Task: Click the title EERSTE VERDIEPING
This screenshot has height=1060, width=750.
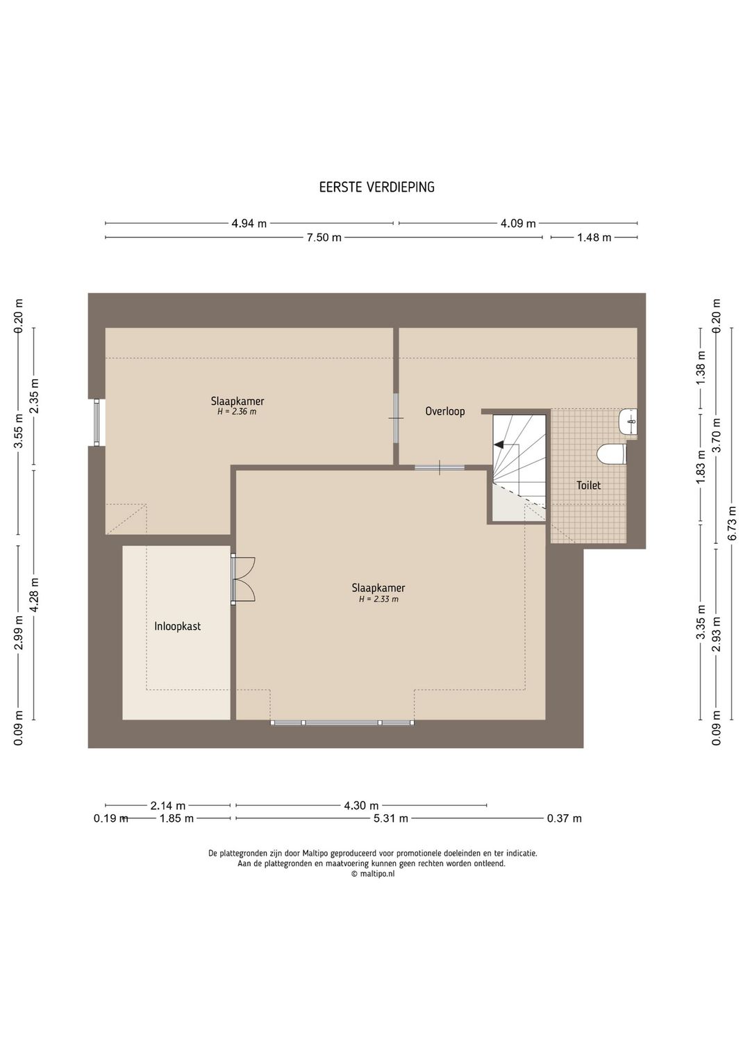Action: point(376,188)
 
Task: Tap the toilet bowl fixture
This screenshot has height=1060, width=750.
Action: point(612,454)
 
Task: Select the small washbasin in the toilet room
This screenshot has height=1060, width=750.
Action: point(628,421)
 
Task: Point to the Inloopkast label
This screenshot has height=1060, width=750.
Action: point(178,627)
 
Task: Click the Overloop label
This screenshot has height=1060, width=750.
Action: point(445,411)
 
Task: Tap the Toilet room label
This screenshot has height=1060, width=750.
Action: point(589,485)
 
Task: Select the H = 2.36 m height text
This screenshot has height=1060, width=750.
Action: point(237,412)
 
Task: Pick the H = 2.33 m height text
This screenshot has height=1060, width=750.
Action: point(378,599)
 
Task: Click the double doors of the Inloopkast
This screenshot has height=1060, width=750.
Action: point(243,579)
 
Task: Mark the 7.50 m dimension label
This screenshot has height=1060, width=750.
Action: point(324,238)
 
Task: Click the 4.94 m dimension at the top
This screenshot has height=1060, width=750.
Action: point(249,224)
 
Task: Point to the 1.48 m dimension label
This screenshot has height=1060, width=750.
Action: point(594,238)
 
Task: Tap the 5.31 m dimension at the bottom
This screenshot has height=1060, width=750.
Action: point(391,818)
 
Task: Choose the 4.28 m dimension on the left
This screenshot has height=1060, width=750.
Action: point(34,595)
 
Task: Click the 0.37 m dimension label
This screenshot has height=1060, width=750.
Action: point(565,818)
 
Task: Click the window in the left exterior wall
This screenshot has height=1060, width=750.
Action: point(97,422)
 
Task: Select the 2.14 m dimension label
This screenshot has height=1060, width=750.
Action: point(168,805)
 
